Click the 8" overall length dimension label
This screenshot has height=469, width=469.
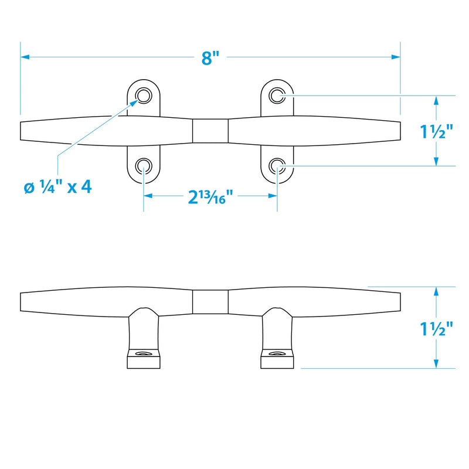tap(210, 57)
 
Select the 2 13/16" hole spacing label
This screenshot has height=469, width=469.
tap(210, 197)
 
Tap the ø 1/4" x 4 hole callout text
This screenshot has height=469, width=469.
tap(57, 187)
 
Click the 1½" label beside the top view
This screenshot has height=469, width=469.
tap(436, 131)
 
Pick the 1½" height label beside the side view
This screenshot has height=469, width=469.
tap(436, 328)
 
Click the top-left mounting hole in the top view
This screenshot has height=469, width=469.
tap(144, 96)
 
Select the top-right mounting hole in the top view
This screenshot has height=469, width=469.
tap(277, 96)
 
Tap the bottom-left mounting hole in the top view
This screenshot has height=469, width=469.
tap(144, 166)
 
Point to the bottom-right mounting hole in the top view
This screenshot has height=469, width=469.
tap(277, 166)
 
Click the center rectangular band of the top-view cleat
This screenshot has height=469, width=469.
tap(210, 131)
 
